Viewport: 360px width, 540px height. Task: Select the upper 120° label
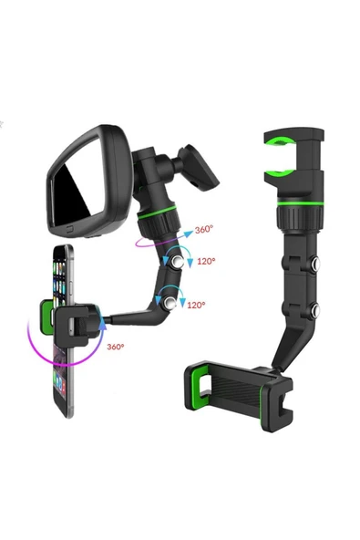click(x=206, y=261)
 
